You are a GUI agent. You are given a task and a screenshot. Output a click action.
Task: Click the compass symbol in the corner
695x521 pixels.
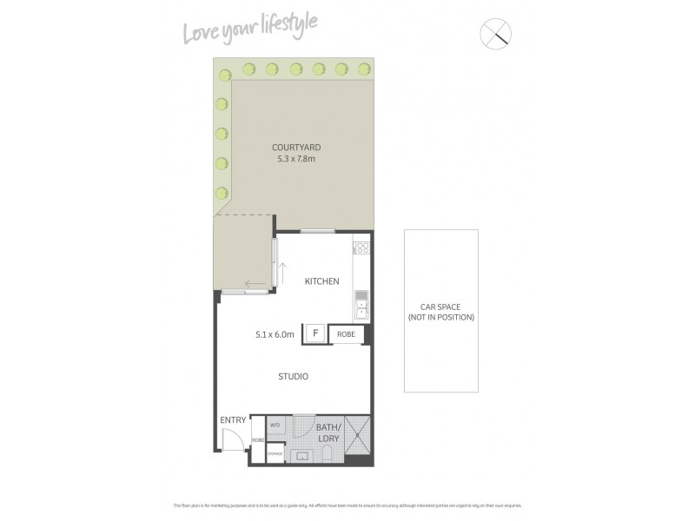pos(496,34)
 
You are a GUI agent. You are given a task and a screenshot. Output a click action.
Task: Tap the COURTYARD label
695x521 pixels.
pos(296,148)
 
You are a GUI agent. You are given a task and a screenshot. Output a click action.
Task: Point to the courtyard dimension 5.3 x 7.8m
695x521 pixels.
pos(296,159)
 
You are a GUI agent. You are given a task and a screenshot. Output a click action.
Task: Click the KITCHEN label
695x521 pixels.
pos(321,281)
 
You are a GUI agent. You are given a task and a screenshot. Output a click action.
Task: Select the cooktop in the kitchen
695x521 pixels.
pos(361,251)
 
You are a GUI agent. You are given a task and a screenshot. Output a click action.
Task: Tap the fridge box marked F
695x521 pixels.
pos(314,333)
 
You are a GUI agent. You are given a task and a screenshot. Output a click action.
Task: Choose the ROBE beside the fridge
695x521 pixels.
pos(346,333)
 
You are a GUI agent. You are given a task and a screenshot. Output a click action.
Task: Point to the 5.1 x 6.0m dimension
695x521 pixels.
pos(275,333)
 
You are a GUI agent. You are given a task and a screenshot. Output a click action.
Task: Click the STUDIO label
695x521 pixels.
pos(294,376)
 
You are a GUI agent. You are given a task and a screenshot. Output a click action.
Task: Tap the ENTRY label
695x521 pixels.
pos(233,420)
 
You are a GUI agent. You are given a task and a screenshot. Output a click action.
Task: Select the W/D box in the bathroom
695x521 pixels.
pos(275,425)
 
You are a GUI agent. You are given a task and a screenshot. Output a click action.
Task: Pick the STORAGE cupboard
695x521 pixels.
pos(275,453)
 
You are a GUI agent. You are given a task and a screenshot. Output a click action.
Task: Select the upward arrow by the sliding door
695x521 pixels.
pos(282,270)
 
